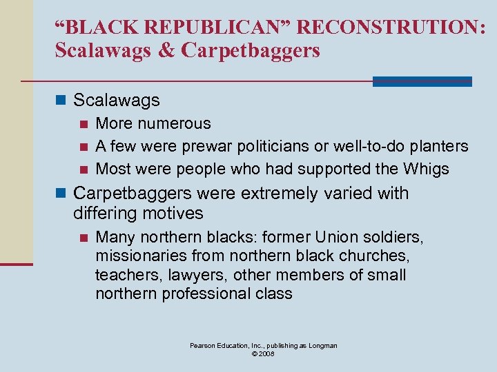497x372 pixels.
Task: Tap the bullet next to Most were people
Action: (84, 169)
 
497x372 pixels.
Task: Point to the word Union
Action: (338, 238)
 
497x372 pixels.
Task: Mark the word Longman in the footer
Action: (322, 346)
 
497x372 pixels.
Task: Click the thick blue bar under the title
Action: (422, 81)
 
